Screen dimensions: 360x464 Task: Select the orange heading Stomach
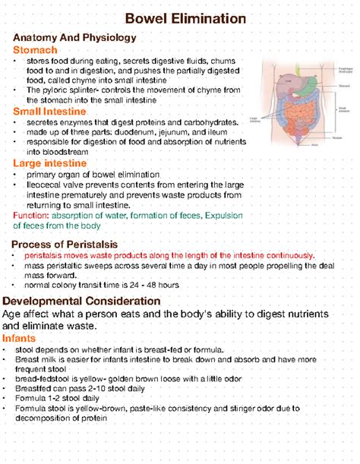[36, 49]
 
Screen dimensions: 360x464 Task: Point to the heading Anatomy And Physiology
[68, 37]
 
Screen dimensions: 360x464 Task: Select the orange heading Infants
[24, 337]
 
